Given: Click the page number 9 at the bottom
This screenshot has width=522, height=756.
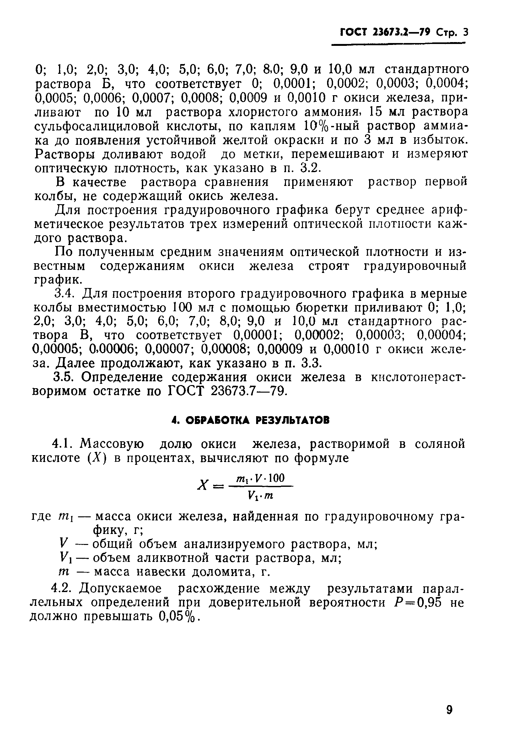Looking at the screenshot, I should click(x=449, y=710).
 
